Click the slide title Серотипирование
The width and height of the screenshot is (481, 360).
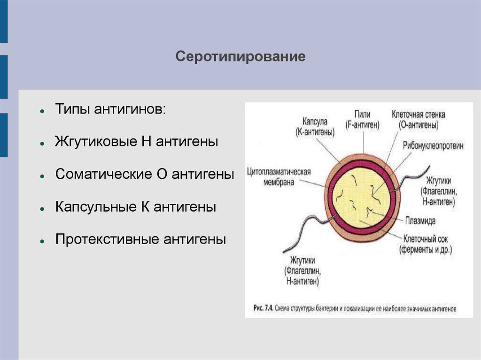pos(240,57)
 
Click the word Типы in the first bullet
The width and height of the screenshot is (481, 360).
pos(71,109)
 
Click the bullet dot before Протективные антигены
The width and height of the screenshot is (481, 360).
pos(42,240)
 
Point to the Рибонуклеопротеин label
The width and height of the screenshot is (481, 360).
pos(433,146)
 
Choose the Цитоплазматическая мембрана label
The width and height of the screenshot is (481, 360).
pos(279,176)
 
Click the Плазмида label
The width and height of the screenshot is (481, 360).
pos(420,220)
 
